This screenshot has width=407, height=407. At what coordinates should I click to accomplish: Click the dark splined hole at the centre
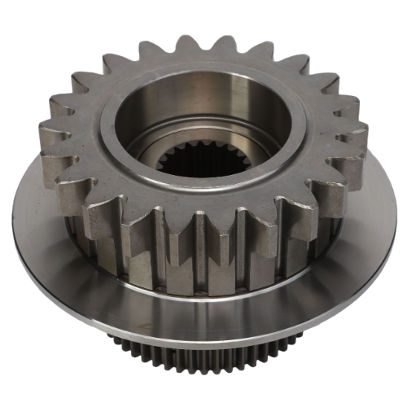coord(200,163)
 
